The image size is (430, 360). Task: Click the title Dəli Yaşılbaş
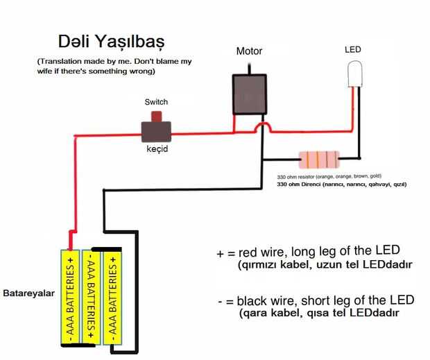click(x=110, y=40)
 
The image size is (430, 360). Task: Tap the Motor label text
click(x=249, y=51)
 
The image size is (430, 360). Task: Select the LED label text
click(x=353, y=50)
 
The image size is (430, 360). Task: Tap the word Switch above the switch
click(x=156, y=102)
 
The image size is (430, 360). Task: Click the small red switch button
click(x=157, y=116)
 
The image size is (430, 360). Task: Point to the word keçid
click(x=157, y=149)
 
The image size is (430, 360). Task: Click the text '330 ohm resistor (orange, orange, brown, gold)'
click(x=329, y=177)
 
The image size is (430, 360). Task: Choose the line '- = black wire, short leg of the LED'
click(x=316, y=300)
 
